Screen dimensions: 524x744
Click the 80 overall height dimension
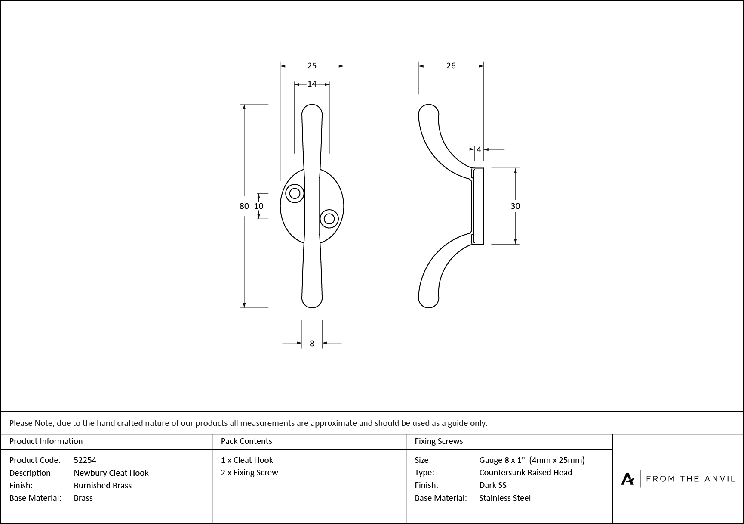[x=244, y=206]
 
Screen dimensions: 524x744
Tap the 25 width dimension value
[x=312, y=66]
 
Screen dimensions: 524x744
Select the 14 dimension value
[x=312, y=84]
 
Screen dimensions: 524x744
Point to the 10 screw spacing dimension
[x=258, y=206]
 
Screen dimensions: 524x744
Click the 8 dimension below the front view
[x=312, y=343]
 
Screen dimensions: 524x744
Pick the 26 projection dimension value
[x=451, y=66]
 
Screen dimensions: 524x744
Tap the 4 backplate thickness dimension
[x=479, y=150]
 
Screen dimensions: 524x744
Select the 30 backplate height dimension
[x=515, y=206]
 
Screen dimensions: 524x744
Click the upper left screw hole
[x=295, y=193]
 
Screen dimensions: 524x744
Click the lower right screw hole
[x=329, y=219]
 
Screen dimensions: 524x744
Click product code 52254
[x=85, y=460]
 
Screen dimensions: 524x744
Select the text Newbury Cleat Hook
[x=111, y=473]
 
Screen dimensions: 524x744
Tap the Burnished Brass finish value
[x=102, y=485]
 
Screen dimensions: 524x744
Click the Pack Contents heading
[x=246, y=441]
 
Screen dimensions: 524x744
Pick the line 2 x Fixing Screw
[x=249, y=472]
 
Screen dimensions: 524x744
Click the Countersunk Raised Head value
[x=526, y=472]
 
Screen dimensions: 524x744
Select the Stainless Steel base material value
[x=505, y=498]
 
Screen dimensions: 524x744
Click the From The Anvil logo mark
[x=627, y=479]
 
